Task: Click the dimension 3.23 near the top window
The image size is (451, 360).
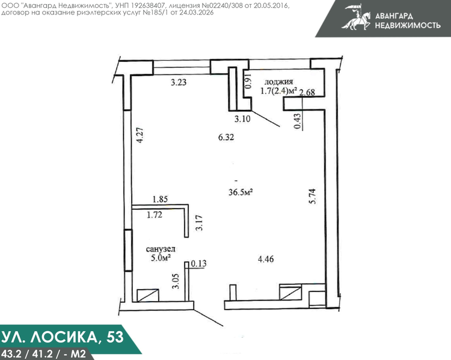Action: [179, 82]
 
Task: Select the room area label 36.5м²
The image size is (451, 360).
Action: [241, 192]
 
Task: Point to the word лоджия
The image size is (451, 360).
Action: [278, 82]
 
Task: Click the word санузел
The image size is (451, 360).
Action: [161, 249]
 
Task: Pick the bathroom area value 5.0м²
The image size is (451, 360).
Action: [161, 258]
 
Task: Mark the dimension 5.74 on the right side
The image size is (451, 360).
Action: [312, 196]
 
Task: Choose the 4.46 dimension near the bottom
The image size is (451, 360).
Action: [266, 260]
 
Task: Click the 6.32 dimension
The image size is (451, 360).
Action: [226, 137]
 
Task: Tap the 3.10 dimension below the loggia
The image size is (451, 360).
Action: [242, 119]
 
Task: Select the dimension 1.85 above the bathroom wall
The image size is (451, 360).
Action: [160, 199]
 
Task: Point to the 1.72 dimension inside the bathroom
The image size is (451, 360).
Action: [155, 215]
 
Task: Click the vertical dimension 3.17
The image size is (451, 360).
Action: [199, 223]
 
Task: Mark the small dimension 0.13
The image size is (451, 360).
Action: [198, 263]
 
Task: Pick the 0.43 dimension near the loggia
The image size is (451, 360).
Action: [298, 121]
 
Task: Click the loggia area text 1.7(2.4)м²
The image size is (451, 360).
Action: [278, 91]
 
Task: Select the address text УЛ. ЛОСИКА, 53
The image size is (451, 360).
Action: [63, 337]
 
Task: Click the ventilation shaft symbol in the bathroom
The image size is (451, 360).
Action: [148, 295]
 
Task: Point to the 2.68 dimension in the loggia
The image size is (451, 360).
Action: [307, 93]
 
